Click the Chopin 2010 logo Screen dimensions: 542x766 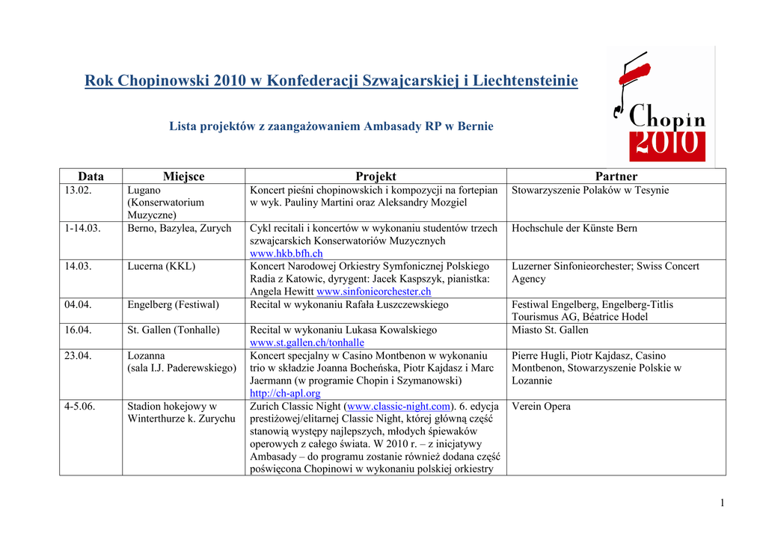tap(660, 107)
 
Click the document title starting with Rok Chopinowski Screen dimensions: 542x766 tap(331, 80)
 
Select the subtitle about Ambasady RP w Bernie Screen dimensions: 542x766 tap(331, 126)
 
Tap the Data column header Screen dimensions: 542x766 tap(91, 176)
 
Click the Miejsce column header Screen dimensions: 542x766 tap(183, 176)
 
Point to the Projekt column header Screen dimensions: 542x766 tap(376, 176)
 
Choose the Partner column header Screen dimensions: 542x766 tap(616, 176)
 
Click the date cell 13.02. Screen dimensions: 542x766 tap(78, 191)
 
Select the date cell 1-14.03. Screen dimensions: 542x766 tap(82, 229)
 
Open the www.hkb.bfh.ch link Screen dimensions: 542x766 tap(287, 254)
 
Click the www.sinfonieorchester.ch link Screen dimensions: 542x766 tap(374, 292)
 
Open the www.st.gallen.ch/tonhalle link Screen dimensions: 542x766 tap(297, 343)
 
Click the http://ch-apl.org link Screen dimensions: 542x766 tap(285, 393)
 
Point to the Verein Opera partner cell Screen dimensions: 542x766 tap(541, 407)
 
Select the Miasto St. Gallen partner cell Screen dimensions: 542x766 tap(550, 330)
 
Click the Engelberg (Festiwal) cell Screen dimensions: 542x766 tap(174, 305)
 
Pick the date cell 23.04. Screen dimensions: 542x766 tap(78, 356)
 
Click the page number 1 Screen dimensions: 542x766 tap(722, 503)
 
